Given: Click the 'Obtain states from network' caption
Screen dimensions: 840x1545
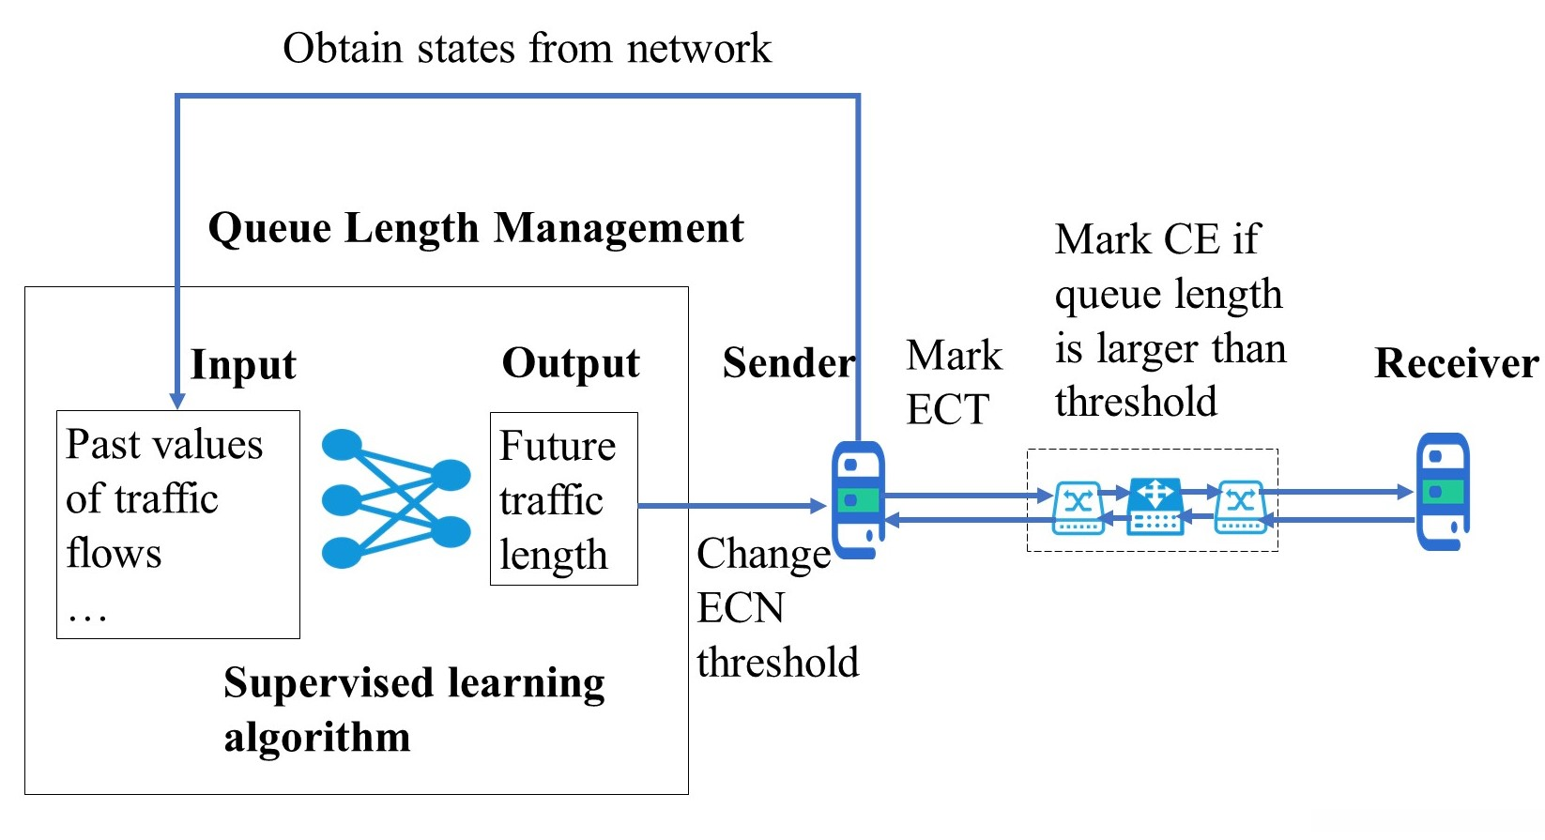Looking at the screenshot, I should pos(527,49).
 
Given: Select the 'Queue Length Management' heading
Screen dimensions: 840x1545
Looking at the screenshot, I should pos(476,228).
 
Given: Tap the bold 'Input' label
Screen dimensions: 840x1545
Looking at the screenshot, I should pos(243,364).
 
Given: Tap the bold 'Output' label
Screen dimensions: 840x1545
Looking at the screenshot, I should pos(571,363).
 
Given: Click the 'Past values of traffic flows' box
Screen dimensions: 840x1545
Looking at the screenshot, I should pos(178,524).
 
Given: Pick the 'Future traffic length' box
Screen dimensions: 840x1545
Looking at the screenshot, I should pos(563,498).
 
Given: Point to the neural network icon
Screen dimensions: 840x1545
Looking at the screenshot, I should pos(395,498).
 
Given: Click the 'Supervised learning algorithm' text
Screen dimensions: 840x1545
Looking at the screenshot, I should pos(413,709).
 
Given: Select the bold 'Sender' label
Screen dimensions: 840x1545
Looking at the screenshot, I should pos(788,363).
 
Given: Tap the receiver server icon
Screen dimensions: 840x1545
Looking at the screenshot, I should pos(1443,491).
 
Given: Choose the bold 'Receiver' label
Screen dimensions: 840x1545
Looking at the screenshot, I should pos(1456,363).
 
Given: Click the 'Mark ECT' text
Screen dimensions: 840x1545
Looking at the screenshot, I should pos(953,382).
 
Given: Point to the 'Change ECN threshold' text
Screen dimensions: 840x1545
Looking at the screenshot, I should pos(776,607).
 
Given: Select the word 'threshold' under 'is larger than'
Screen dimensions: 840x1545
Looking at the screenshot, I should pos(1136,402).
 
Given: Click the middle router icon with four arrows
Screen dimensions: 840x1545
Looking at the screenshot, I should pos(1155,505).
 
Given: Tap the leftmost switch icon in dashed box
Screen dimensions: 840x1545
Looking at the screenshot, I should pos(1078,507).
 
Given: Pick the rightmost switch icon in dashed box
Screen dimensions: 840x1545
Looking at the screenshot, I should pos(1240,507).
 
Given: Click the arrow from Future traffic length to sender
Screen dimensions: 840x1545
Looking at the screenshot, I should pos(732,506).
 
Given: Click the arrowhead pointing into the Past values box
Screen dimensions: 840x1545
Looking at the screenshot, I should pos(176,401).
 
